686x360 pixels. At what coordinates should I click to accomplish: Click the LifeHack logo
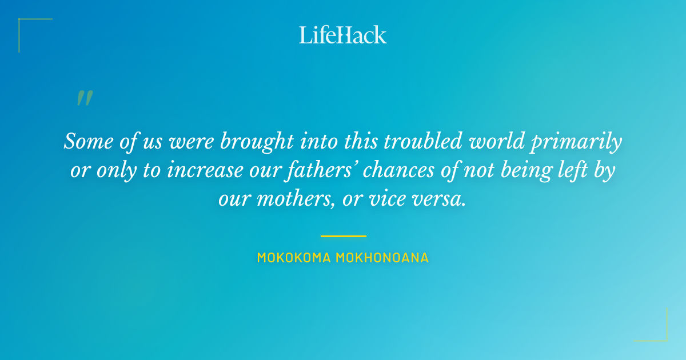pos(343,35)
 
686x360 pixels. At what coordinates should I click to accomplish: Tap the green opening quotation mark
pos(84,98)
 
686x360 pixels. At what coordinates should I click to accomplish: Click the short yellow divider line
pos(343,235)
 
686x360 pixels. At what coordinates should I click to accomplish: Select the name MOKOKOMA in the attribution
pos(293,258)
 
